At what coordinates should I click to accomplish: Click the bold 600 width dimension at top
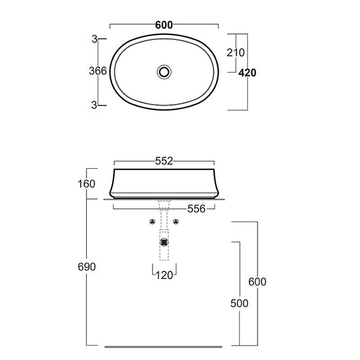coord(164,25)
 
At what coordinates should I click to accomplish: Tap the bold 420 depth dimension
coord(247,73)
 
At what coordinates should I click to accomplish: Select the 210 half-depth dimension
coord(235,53)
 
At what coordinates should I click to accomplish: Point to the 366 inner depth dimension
coord(98,71)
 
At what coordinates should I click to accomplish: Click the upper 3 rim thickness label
coord(94,39)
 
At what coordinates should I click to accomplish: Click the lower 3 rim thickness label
coord(94,105)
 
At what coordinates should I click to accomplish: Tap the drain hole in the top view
coord(164,72)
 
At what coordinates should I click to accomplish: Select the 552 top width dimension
coord(164,161)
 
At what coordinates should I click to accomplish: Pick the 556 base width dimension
coord(196,209)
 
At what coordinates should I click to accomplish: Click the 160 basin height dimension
coord(86,184)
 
